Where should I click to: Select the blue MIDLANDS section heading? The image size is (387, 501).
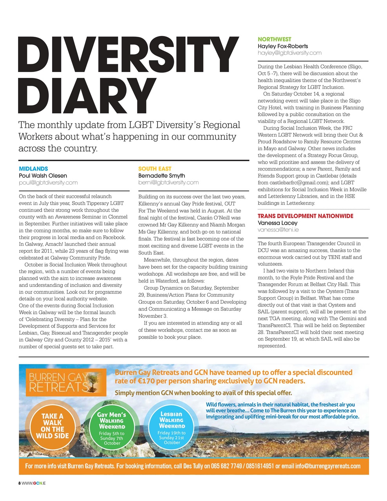(33, 169)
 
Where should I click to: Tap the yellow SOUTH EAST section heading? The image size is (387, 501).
(155, 169)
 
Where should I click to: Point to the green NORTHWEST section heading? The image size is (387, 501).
(274, 39)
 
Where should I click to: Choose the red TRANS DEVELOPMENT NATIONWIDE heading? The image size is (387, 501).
(305, 216)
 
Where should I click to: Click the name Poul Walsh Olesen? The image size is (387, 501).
(43, 176)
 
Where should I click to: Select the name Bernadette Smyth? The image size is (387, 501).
(161, 176)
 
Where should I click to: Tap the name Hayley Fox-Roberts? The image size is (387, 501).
(283, 46)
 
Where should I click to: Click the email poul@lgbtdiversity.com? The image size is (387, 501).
(48, 182)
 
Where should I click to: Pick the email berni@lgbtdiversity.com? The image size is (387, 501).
(168, 182)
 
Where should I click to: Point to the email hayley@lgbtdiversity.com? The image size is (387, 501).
(289, 53)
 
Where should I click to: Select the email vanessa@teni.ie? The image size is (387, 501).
(278, 230)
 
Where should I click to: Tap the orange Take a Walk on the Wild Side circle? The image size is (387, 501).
(52, 426)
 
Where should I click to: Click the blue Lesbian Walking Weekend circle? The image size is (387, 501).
(172, 426)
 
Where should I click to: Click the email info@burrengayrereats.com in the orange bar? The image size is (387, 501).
(327, 466)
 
